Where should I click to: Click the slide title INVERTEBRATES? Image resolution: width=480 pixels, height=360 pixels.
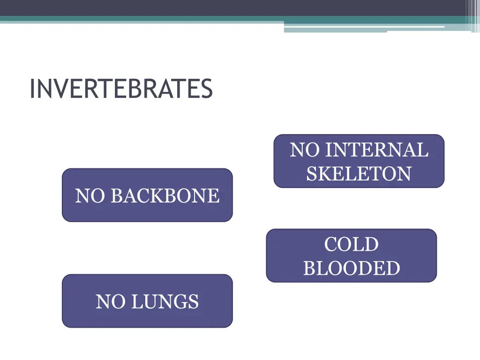(x=121, y=89)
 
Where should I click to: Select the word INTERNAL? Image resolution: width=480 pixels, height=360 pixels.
(x=377, y=150)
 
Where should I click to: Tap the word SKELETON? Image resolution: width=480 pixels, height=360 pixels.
(x=359, y=174)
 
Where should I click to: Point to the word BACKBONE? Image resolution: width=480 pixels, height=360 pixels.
(x=165, y=196)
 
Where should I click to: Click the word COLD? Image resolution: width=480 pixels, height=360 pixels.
(x=351, y=245)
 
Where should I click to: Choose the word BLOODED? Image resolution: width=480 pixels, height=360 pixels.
(x=351, y=269)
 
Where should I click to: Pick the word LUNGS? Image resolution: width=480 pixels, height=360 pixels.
(x=165, y=302)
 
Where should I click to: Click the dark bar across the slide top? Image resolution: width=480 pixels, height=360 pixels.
(x=234, y=7)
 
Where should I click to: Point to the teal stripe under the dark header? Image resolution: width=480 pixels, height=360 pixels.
(x=141, y=19)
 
